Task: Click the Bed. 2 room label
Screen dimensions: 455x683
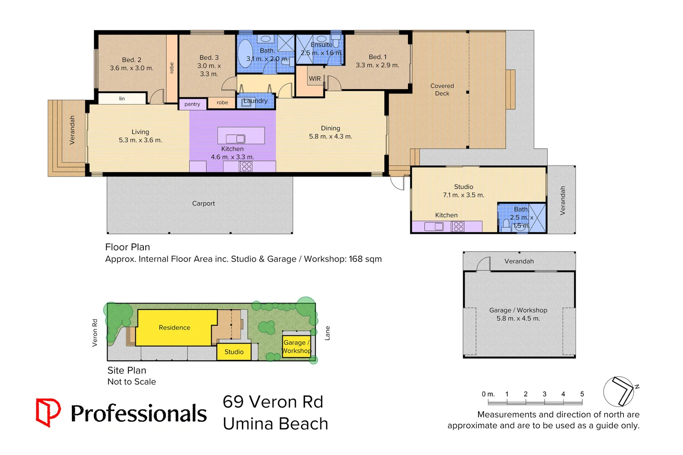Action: click(x=132, y=60)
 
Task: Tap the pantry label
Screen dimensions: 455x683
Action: click(x=192, y=104)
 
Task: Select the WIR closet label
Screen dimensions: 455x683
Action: click(x=315, y=79)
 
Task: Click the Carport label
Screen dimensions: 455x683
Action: click(x=203, y=203)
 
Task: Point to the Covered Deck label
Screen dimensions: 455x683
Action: click(x=442, y=90)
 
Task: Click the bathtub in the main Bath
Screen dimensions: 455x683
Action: click(x=245, y=54)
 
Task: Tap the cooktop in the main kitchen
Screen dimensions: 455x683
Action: click(x=246, y=167)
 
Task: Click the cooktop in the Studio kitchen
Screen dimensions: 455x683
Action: click(x=459, y=227)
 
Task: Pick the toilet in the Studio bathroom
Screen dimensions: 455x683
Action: click(x=505, y=225)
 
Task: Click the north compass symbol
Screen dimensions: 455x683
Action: click(x=620, y=391)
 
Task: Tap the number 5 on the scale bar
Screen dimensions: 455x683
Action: click(x=582, y=394)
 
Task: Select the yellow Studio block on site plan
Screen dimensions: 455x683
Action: click(x=234, y=352)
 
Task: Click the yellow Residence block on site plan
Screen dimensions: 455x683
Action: click(x=174, y=328)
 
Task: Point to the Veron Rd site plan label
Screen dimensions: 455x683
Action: click(x=95, y=333)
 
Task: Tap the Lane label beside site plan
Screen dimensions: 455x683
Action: click(x=327, y=333)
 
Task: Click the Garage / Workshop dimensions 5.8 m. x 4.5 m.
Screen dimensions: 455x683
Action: click(x=518, y=318)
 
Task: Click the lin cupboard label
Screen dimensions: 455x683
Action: click(x=122, y=98)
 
